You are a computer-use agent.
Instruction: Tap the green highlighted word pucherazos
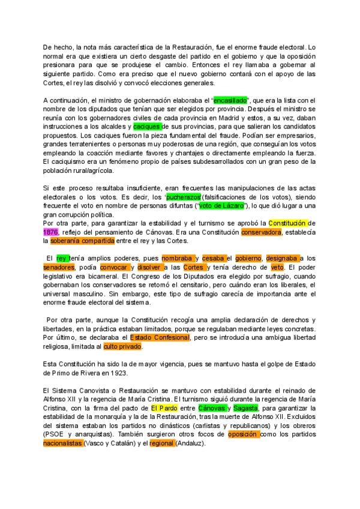(184, 196)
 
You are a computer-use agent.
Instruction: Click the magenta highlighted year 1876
(50, 231)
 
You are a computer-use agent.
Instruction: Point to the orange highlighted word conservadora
(261, 231)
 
